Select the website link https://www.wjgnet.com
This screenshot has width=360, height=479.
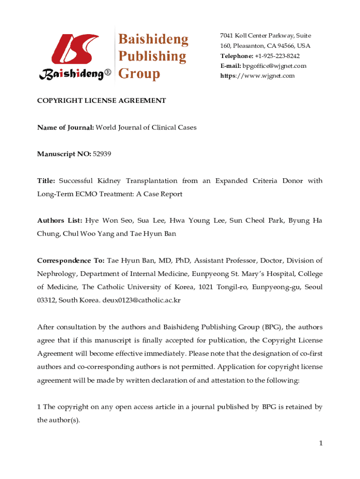pos(258,76)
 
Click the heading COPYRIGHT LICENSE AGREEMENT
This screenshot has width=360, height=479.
pos(101,101)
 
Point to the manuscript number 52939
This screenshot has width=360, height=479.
pos(102,153)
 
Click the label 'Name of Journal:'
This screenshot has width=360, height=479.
pos(65,127)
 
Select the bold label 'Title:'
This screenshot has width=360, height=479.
pos(46,181)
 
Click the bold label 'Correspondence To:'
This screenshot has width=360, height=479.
pos(71,261)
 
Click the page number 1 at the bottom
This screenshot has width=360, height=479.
pos(320,443)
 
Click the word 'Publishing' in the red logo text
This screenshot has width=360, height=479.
pos(151,56)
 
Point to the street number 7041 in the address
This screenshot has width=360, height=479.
pos(227,36)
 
